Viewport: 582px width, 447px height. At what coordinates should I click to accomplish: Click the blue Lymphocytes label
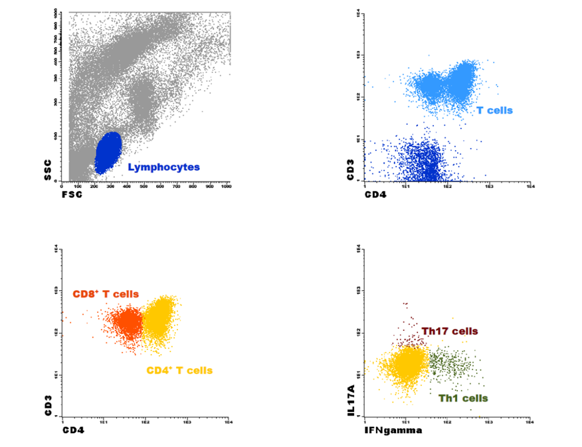tap(163, 167)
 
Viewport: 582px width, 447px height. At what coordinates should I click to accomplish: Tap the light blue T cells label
tap(495, 110)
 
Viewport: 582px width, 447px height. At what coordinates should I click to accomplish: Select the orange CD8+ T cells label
tap(106, 294)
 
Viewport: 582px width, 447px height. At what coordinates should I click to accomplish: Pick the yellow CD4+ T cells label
tap(179, 370)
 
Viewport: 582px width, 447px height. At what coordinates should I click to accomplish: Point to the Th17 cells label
tap(449, 331)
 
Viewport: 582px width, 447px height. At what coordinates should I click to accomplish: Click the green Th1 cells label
tap(463, 398)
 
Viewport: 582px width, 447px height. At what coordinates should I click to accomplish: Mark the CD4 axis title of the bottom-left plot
tap(74, 430)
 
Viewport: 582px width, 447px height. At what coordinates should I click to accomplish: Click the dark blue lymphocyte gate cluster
tap(108, 153)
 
